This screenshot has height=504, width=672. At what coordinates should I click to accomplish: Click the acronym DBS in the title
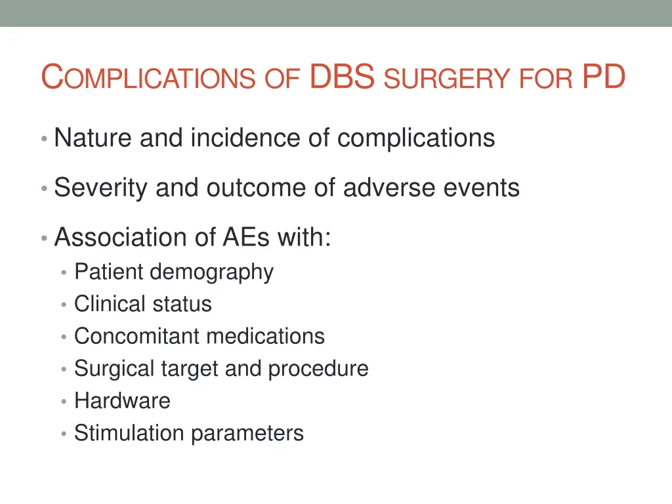(342, 77)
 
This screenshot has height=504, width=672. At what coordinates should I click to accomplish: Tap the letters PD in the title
(603, 77)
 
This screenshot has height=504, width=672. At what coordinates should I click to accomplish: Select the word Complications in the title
(147, 78)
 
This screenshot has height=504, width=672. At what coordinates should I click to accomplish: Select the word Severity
(101, 188)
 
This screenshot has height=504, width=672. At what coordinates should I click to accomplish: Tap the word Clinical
(110, 304)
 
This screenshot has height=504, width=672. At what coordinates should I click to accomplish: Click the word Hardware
(122, 400)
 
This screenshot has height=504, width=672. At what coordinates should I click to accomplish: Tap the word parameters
(247, 434)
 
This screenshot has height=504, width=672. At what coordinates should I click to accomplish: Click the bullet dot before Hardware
(64, 402)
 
